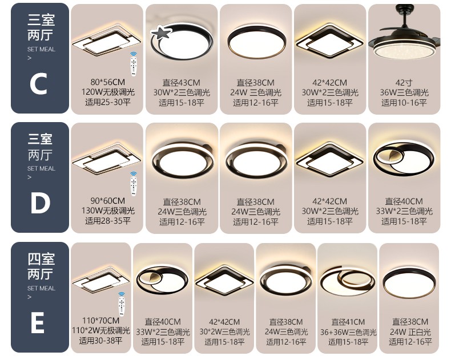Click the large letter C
[x=38, y=84]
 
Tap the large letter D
[x=40, y=203]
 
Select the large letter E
[x=37, y=322]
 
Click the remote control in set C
[x=133, y=64]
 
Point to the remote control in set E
[x=122, y=304]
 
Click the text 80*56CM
[x=108, y=82]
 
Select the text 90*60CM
[x=108, y=201]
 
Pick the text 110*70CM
[x=100, y=320]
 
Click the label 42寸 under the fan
[x=404, y=83]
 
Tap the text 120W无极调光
[x=108, y=92]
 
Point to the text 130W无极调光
[x=108, y=211]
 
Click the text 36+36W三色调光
[x=348, y=333]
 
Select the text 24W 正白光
[x=410, y=332]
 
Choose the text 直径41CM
[x=348, y=322]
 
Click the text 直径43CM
[x=181, y=83]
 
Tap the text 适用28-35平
[x=108, y=221]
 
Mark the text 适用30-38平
[x=100, y=341]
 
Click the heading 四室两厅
[x=41, y=266]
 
